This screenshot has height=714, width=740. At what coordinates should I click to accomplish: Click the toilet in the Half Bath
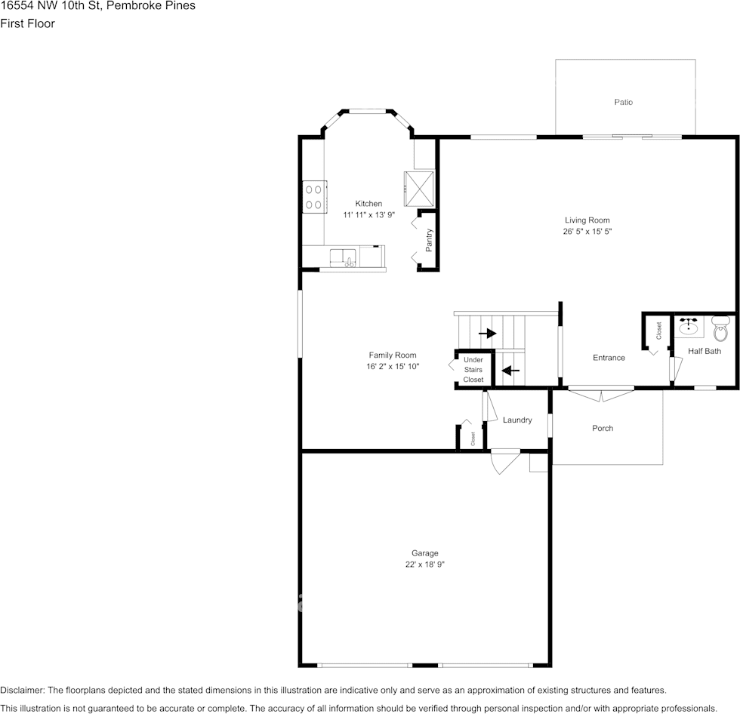pyautogui.click(x=721, y=329)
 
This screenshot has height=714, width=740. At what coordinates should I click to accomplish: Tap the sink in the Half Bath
pyautogui.click(x=689, y=328)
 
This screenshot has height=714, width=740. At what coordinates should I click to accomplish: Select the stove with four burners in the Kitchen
pyautogui.click(x=315, y=197)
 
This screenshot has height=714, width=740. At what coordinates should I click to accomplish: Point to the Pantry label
pyautogui.click(x=429, y=239)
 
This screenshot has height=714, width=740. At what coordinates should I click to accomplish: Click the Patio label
pyautogui.click(x=623, y=102)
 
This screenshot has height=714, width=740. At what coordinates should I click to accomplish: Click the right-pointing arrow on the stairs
pyautogui.click(x=487, y=333)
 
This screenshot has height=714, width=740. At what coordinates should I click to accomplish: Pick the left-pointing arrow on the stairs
pyautogui.click(x=510, y=371)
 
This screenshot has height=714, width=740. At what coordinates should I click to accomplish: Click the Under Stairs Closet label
pyautogui.click(x=473, y=370)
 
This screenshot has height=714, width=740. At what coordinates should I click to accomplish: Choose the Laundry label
pyautogui.click(x=517, y=420)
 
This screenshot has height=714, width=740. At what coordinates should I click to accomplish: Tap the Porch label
pyautogui.click(x=603, y=428)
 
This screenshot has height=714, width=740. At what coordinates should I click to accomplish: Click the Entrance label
pyautogui.click(x=609, y=358)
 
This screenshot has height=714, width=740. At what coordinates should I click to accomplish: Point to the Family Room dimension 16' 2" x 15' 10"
pyautogui.click(x=392, y=366)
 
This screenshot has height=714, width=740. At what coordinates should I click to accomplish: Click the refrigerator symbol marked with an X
pyautogui.click(x=419, y=188)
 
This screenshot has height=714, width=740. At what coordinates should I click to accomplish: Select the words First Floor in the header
pyautogui.click(x=27, y=23)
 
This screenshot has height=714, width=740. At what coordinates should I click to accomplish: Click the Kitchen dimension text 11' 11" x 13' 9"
pyautogui.click(x=368, y=214)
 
